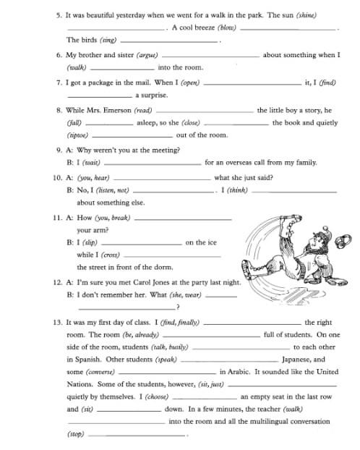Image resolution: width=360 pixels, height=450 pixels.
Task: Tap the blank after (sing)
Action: (170, 41)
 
